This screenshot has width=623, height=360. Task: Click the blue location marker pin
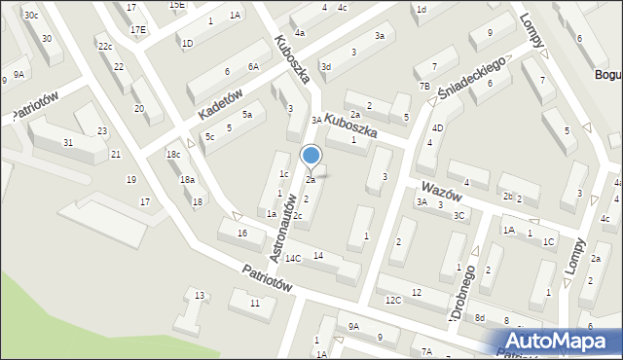click(311, 156)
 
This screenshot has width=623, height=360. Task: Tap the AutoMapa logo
click(562, 342)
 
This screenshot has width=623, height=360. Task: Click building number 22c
click(105, 46)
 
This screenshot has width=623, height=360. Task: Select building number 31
click(67, 143)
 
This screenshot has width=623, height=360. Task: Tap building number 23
click(103, 131)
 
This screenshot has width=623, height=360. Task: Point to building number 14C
click(292, 258)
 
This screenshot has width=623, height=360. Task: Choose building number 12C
click(391, 301)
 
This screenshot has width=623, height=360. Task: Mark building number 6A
click(253, 66)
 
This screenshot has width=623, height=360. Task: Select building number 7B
click(424, 87)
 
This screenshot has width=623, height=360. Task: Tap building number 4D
click(438, 127)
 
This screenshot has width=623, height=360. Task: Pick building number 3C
click(459, 215)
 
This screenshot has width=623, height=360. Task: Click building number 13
click(200, 295)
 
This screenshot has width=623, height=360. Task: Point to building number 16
click(242, 234)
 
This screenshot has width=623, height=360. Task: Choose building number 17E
click(138, 30)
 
